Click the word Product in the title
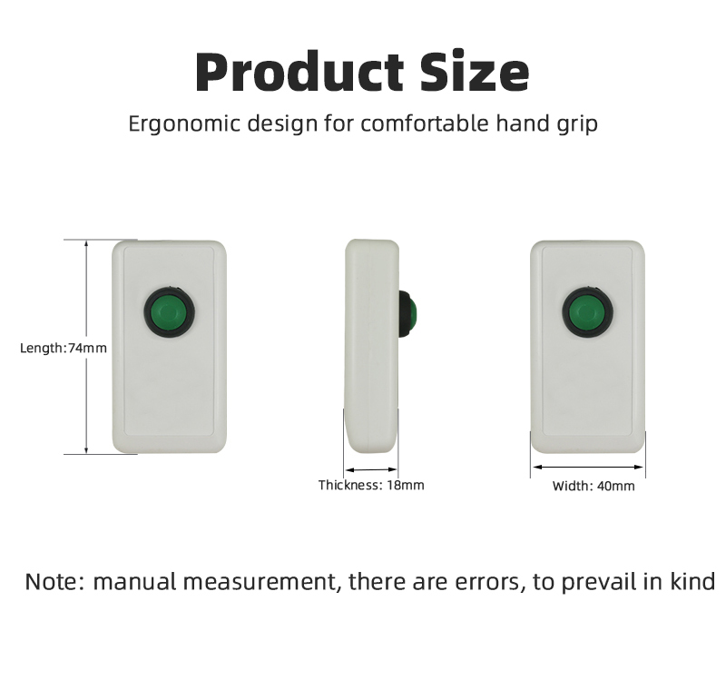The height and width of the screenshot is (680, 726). click(x=299, y=73)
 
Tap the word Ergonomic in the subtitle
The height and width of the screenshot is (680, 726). click(x=184, y=124)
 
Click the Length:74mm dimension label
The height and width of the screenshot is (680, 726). click(x=64, y=348)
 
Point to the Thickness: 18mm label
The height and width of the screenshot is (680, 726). click(x=371, y=485)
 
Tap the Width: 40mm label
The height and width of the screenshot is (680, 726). click(x=594, y=486)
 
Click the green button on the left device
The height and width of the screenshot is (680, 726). click(x=170, y=311)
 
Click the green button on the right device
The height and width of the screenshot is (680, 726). click(x=588, y=312)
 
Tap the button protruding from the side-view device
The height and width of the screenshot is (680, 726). click(x=407, y=313)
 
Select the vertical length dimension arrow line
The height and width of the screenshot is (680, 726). click(x=86, y=347)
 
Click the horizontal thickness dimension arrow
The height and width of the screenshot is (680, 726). click(x=371, y=469)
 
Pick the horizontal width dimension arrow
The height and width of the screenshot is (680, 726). click(x=587, y=467)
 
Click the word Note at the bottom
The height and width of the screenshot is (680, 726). click(x=54, y=582)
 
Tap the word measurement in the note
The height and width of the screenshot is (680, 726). click(x=260, y=582)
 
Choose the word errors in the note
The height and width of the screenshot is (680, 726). click(x=490, y=583)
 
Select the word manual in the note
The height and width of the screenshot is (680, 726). click(x=134, y=582)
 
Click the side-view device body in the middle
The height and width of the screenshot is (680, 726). click(x=371, y=347)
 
